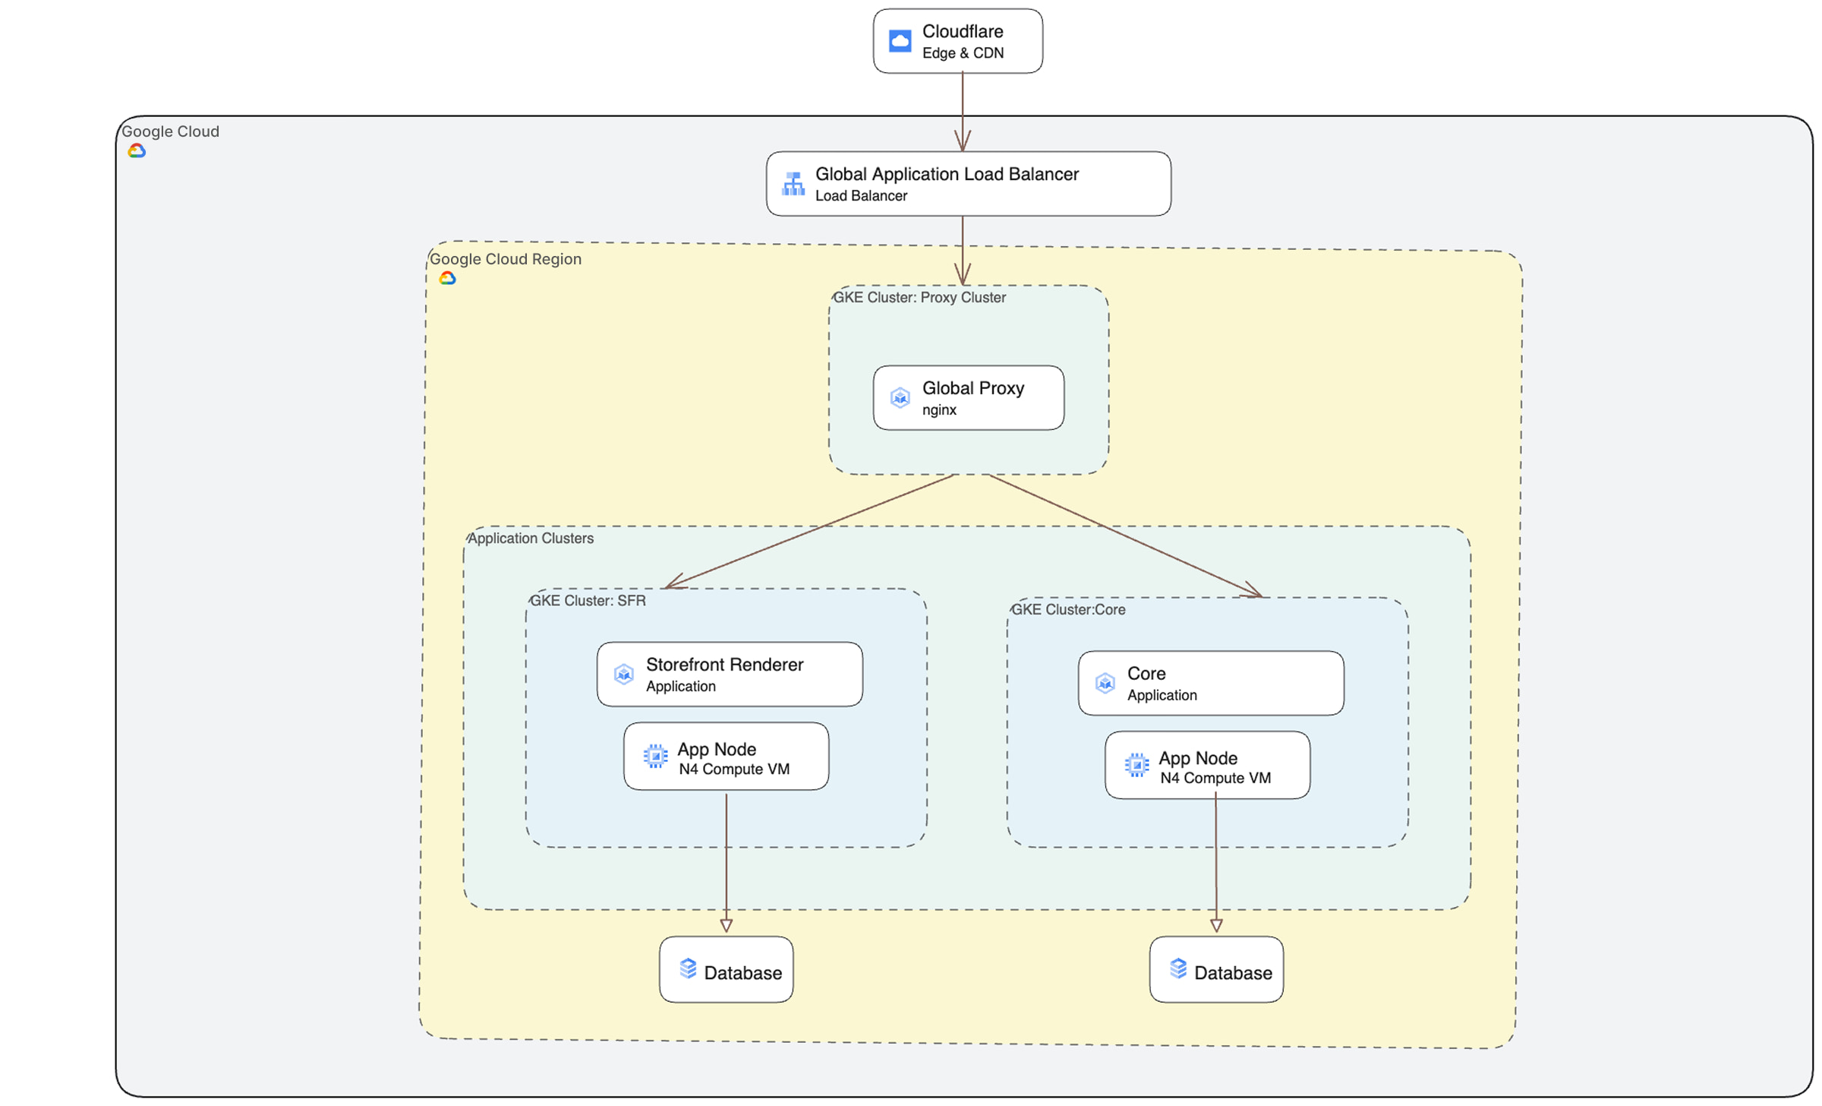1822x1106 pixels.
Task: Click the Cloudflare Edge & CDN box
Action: [x=957, y=41]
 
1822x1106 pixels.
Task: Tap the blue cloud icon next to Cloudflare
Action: [x=900, y=40]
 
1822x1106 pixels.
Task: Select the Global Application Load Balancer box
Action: [x=968, y=184]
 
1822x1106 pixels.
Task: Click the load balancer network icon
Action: [x=793, y=184]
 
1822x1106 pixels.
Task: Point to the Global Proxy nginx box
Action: [x=968, y=398]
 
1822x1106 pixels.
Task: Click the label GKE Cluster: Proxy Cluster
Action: [x=919, y=298]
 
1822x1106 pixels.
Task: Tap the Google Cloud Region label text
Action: [x=506, y=259]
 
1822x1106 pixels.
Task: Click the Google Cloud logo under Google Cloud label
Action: [x=137, y=151]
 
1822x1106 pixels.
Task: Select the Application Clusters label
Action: [x=531, y=539]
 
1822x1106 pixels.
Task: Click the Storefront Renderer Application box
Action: [x=730, y=675]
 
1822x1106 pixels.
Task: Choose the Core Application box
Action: [x=1211, y=683]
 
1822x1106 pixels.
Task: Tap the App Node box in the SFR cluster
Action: [x=726, y=757]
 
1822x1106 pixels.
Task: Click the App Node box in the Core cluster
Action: [x=1207, y=766]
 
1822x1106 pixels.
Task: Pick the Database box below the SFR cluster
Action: [x=726, y=970]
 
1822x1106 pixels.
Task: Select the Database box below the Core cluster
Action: [x=1216, y=970]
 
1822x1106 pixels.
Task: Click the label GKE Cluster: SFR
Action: [x=588, y=601]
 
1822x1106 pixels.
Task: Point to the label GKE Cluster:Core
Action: [x=1068, y=610]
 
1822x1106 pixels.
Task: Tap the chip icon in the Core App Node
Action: [x=1136, y=765]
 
